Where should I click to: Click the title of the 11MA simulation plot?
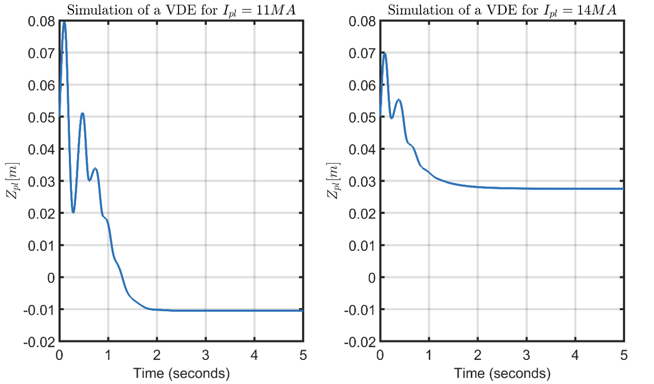point(181,10)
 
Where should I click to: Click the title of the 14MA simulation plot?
point(502,10)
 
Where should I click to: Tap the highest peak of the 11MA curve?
point(64,22)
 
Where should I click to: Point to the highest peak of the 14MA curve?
point(385,53)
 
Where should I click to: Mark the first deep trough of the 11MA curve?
point(73,212)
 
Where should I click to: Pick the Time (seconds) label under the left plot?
point(181,373)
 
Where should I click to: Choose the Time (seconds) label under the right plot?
point(502,373)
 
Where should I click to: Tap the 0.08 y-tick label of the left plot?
point(41,21)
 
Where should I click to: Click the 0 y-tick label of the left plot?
point(50,277)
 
